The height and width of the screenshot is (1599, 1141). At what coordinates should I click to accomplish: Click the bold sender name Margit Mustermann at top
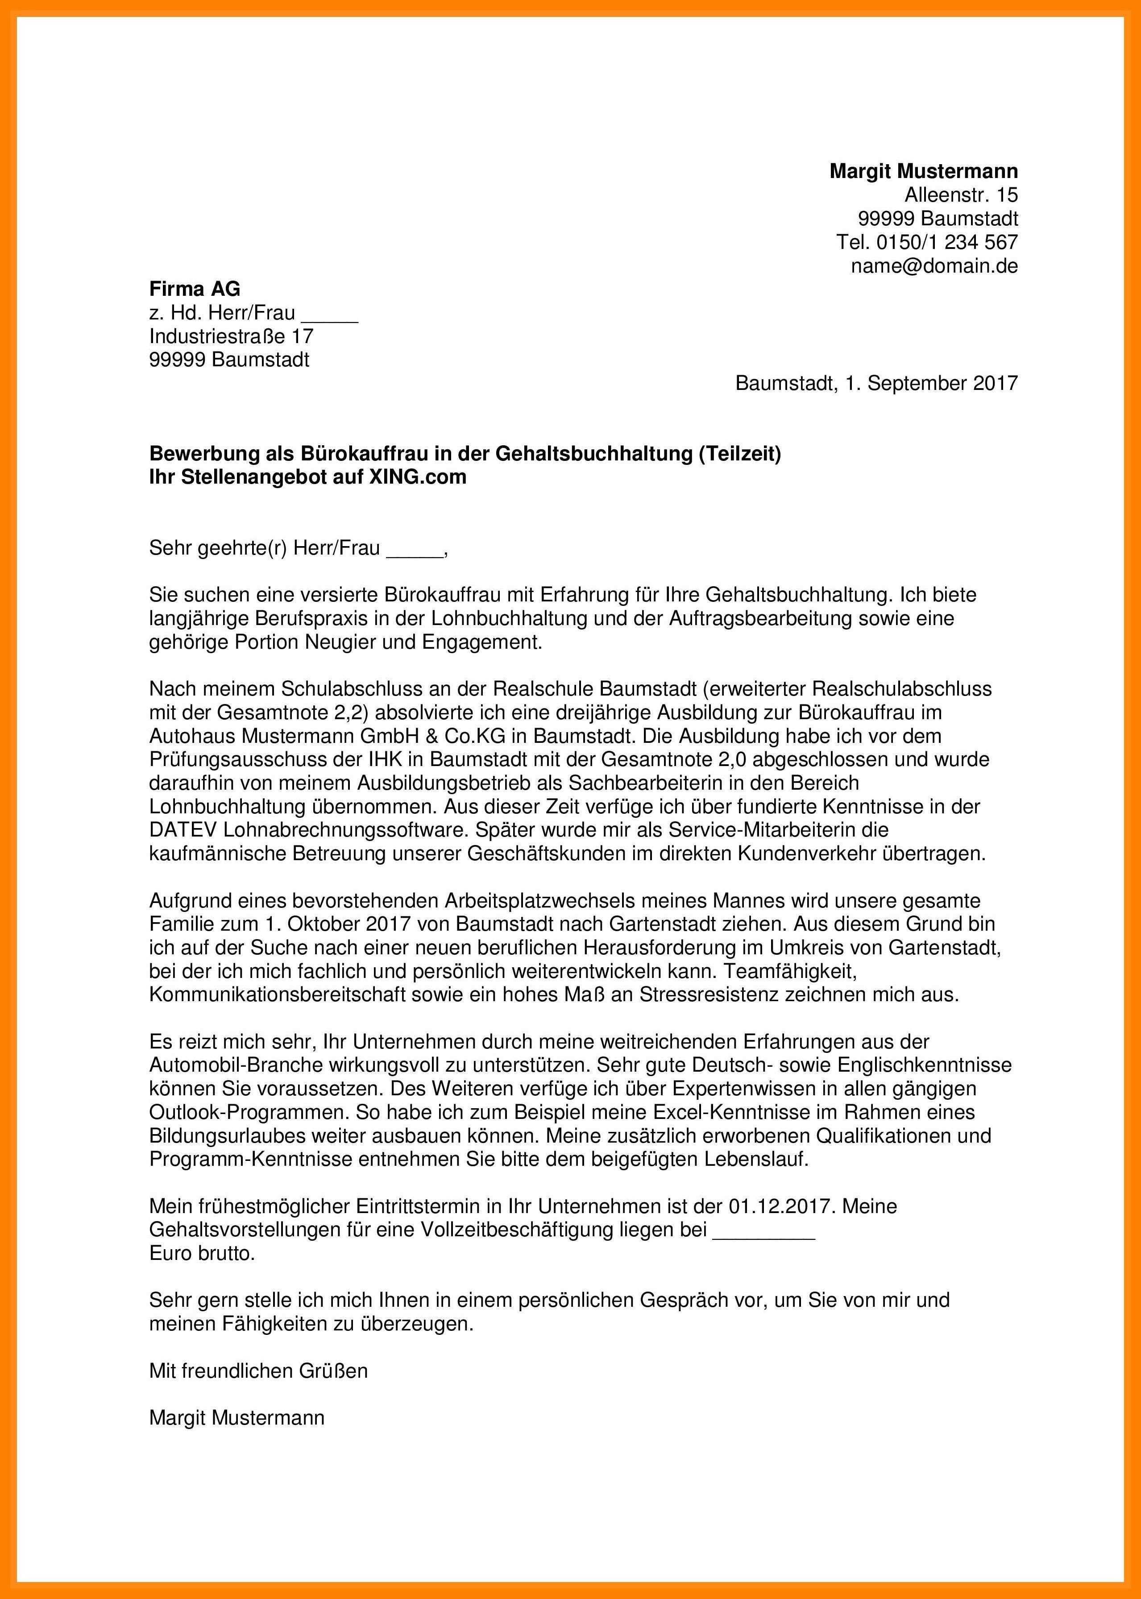click(x=923, y=171)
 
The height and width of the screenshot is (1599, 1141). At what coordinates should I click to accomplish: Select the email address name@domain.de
click(x=934, y=265)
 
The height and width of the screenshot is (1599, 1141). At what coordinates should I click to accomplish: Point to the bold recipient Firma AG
click(x=195, y=289)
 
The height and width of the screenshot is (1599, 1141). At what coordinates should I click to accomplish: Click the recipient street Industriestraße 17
click(x=231, y=336)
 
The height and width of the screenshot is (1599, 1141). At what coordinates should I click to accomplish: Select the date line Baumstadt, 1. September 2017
click(x=876, y=384)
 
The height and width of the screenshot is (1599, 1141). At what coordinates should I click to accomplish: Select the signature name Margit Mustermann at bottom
click(x=237, y=1418)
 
